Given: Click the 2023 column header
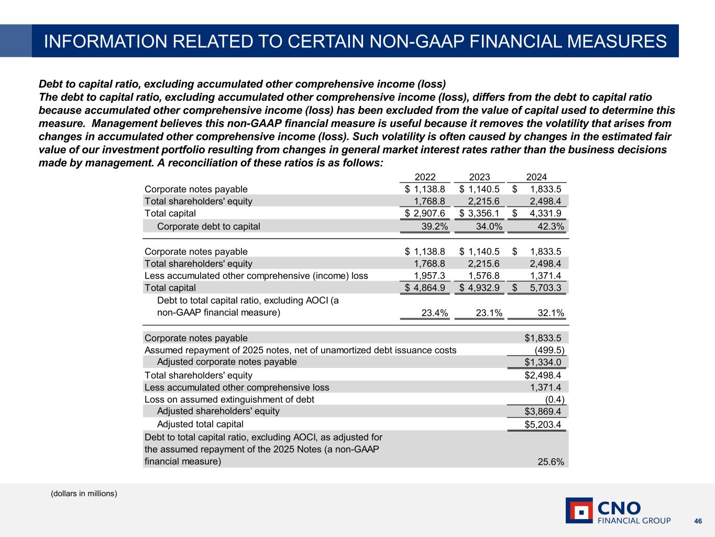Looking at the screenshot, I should [479, 177].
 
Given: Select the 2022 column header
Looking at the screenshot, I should [425, 177].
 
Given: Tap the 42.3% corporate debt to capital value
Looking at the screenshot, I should [551, 227].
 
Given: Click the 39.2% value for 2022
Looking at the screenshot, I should [435, 227].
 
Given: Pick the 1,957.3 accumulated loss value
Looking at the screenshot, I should [430, 276].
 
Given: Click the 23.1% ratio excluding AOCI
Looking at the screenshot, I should [489, 313].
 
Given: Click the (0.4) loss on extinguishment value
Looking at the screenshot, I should [555, 400].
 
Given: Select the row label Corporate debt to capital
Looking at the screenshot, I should [208, 227].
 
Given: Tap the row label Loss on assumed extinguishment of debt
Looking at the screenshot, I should [229, 400].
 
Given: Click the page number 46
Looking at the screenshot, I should [698, 521].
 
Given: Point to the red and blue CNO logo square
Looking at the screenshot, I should [579, 510].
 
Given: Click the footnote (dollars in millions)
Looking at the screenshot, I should [84, 493].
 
